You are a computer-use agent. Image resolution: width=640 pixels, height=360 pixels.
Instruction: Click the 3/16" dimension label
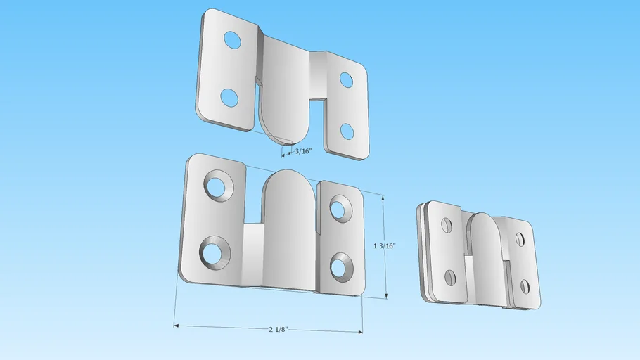coord(302,151)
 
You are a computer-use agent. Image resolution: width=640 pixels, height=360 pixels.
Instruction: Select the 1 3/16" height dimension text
coord(385,245)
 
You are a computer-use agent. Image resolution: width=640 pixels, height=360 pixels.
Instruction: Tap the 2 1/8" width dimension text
coord(278,329)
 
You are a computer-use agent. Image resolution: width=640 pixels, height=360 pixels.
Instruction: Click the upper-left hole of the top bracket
coord(232,41)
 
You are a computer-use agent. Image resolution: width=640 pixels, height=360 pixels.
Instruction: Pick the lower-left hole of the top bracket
coord(229,98)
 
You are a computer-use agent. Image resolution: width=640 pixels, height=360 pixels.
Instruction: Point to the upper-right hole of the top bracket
coord(346,80)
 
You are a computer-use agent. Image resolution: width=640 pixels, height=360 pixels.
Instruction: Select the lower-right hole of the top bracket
coord(347,131)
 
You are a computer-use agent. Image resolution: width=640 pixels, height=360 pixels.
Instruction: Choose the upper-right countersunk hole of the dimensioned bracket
coord(338,209)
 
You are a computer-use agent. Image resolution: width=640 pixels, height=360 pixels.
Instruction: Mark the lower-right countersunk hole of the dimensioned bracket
coord(339,267)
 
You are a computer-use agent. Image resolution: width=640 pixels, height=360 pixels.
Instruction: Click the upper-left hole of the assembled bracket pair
coord(446,225)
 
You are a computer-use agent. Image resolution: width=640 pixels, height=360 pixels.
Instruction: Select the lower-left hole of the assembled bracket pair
coord(450,277)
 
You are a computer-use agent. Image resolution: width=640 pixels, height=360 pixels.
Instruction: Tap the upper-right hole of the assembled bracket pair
coord(520,240)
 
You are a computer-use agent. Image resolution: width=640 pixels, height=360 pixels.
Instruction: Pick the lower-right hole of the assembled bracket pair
coord(525,286)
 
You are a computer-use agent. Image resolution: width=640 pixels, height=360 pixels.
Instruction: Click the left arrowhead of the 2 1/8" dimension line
coord(177,326)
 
